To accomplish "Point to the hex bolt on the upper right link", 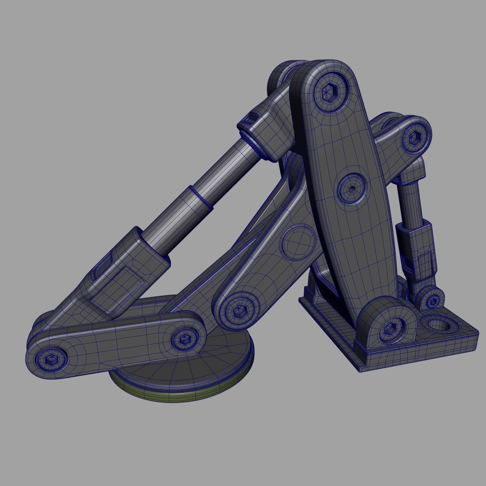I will tap(415, 137).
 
